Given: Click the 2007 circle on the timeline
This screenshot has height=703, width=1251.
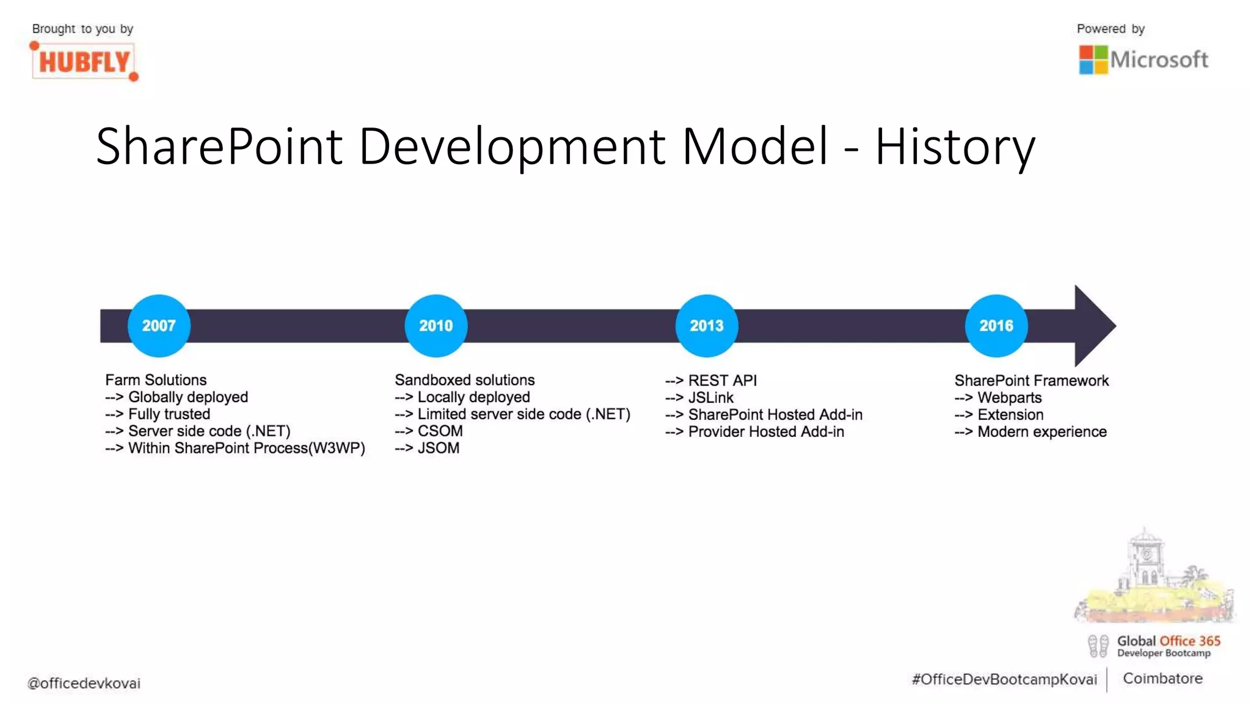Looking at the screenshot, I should (x=159, y=325).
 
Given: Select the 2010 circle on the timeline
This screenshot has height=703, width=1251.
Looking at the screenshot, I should (x=436, y=325).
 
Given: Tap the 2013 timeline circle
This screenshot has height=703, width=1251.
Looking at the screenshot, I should (x=707, y=325).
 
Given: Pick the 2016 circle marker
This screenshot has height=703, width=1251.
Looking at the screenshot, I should (x=996, y=325).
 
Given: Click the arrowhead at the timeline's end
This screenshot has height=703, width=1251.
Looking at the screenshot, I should (x=1093, y=325).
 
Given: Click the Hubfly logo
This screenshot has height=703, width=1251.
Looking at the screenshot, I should (x=84, y=62).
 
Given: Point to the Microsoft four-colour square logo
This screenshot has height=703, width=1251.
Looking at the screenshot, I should (x=1093, y=60).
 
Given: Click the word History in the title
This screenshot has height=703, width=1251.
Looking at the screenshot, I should (x=955, y=146).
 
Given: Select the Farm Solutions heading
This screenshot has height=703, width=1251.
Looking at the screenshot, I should (x=156, y=380).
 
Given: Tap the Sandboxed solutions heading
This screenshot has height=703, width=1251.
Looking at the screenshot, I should (x=464, y=380).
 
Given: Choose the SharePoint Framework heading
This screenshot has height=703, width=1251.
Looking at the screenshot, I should (x=1031, y=380).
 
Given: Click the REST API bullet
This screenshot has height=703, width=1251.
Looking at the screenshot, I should (x=721, y=380).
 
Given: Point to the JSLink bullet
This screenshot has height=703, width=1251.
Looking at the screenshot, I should (x=710, y=397).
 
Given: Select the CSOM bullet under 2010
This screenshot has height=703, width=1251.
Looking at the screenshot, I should (x=440, y=431).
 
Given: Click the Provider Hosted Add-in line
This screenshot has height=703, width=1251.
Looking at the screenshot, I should (x=765, y=431).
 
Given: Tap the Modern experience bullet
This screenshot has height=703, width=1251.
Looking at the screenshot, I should (x=1041, y=431).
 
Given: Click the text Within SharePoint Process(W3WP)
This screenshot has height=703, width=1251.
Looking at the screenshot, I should (x=246, y=448).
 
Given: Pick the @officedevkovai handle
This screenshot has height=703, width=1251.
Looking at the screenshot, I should (x=84, y=683).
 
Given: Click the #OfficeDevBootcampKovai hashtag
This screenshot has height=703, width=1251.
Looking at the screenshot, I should (x=1004, y=679).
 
